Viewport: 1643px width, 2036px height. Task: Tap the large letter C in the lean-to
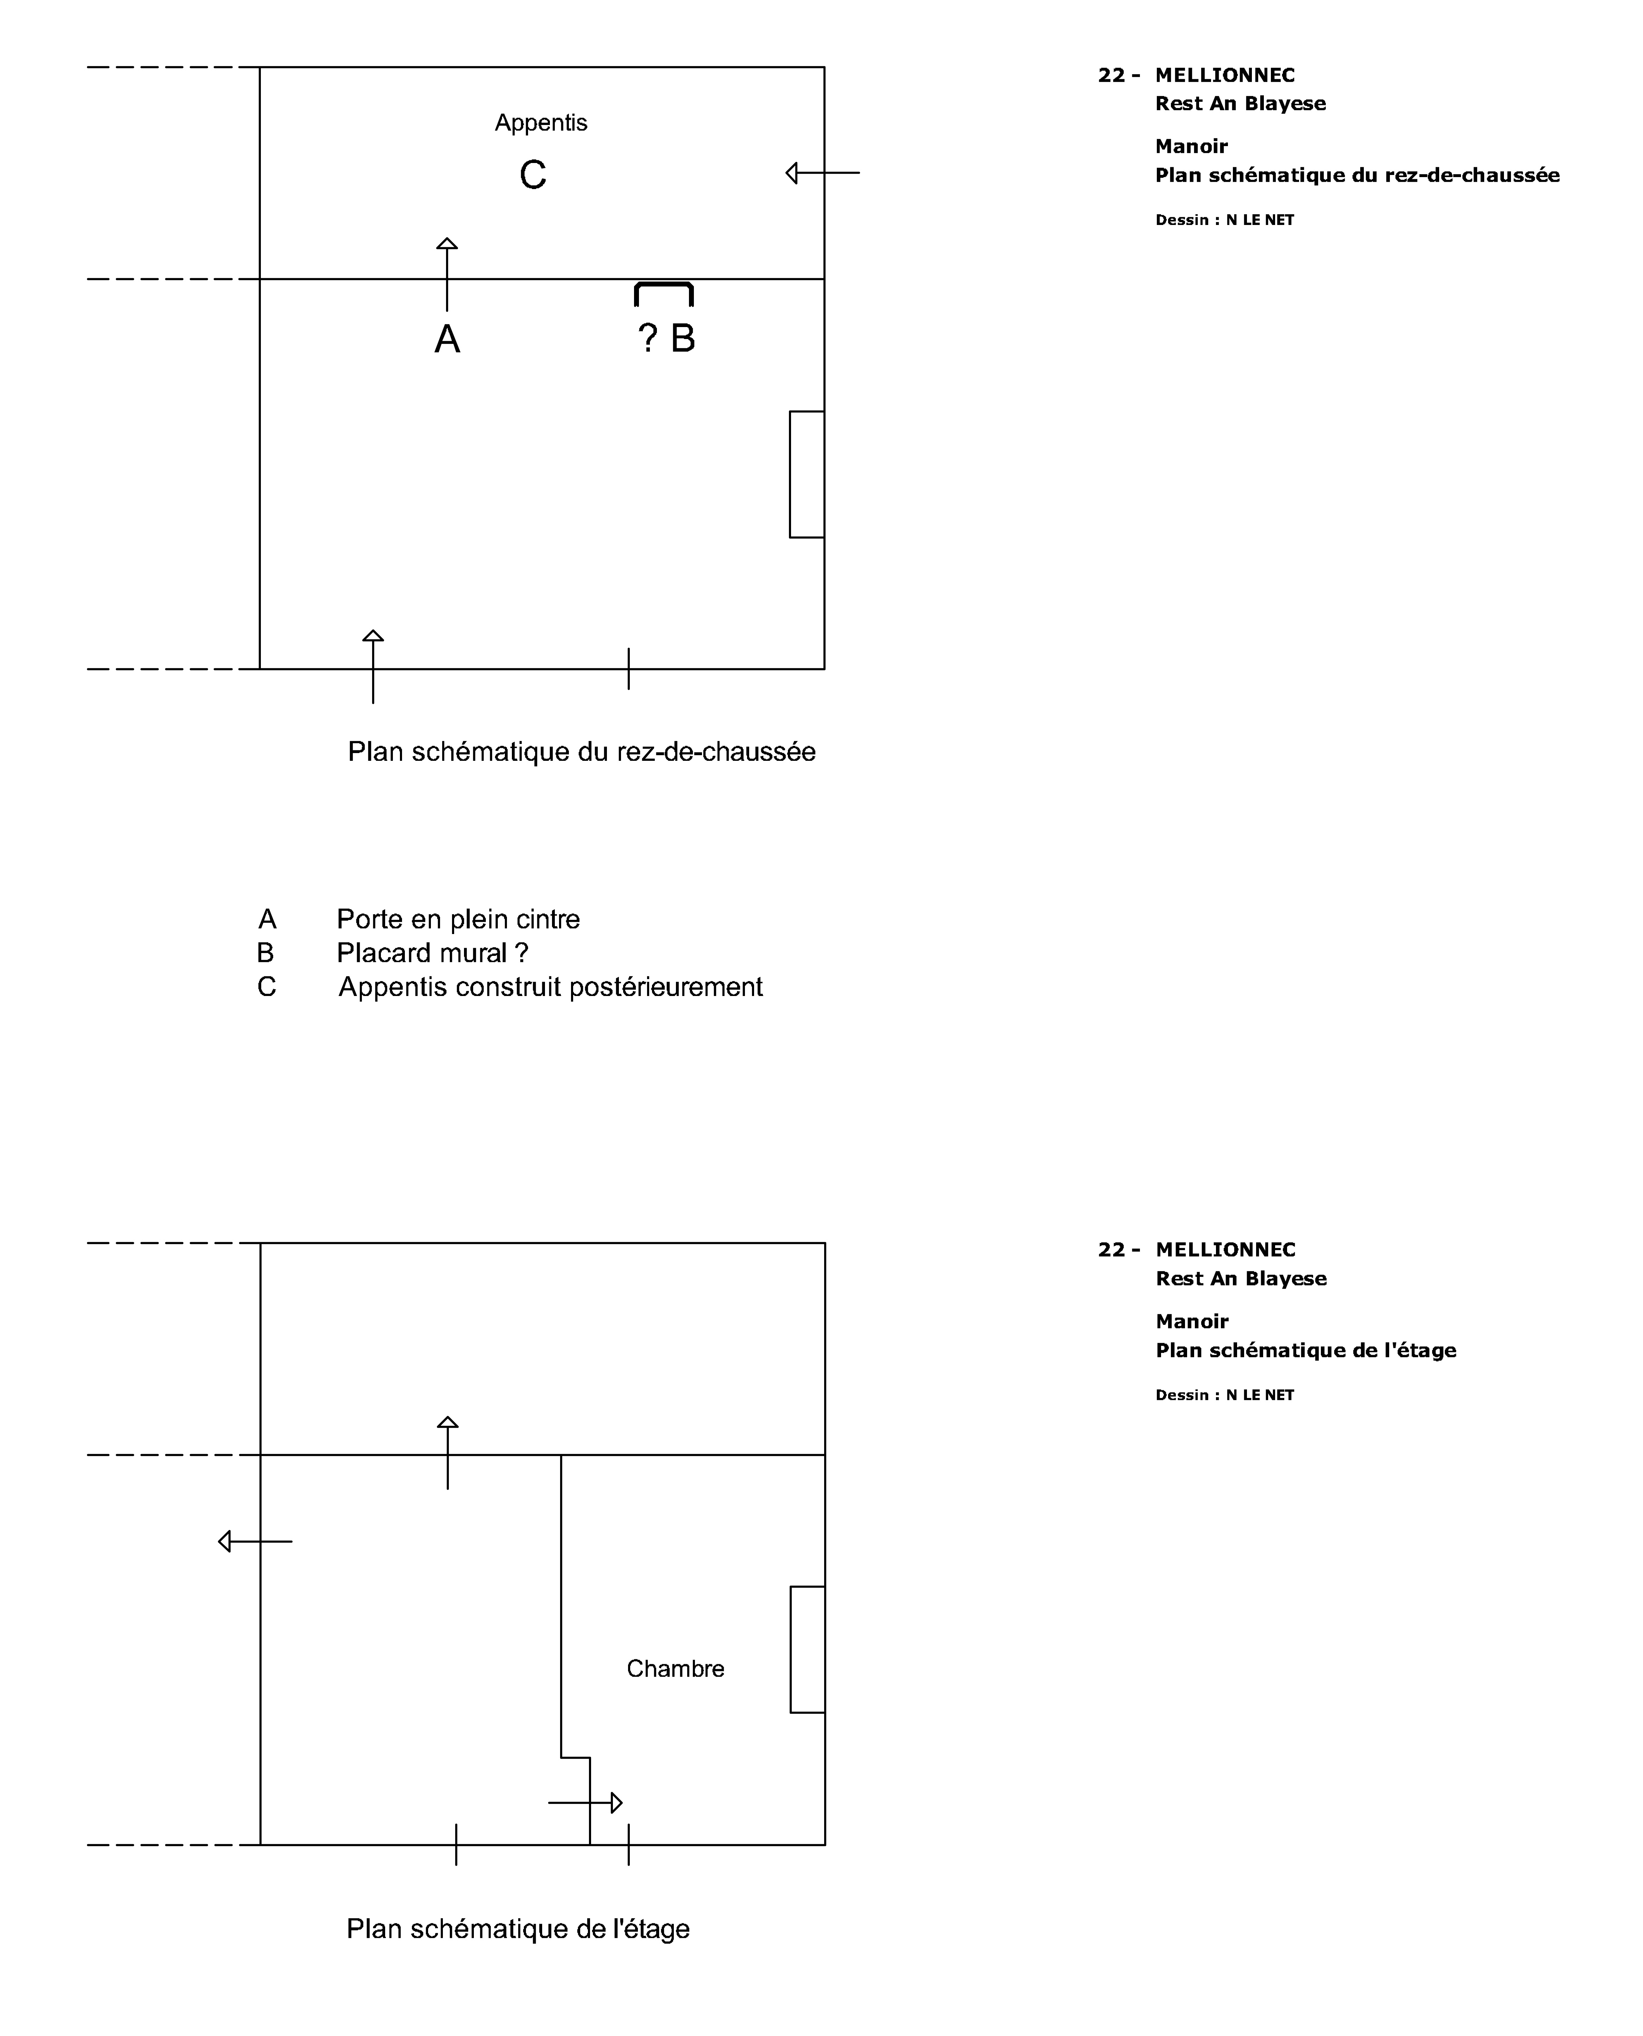(x=533, y=175)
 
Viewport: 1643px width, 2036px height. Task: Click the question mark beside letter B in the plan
(x=647, y=338)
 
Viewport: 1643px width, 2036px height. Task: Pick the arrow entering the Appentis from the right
(x=822, y=173)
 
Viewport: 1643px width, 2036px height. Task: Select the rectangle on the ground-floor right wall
(x=806, y=474)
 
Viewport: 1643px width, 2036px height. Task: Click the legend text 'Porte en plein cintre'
(x=458, y=919)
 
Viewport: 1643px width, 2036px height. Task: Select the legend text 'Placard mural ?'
(x=433, y=953)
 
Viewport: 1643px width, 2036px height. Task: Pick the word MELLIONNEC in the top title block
(x=1225, y=76)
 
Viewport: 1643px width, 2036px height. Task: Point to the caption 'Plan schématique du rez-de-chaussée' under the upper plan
(x=581, y=752)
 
